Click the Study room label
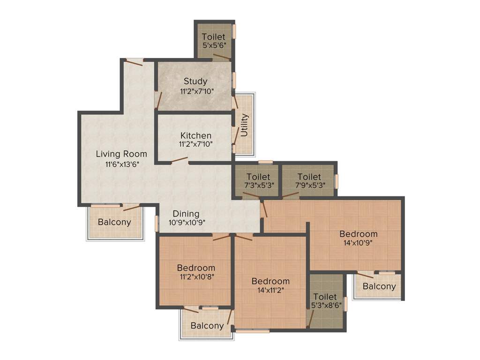coord(195,81)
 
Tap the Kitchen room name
coord(196,135)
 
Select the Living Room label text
coord(121,154)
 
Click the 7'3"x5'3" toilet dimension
coord(258,185)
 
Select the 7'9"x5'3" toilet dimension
coord(309,185)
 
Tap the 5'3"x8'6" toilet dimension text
coord(325,305)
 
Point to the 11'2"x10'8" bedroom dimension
coord(196,277)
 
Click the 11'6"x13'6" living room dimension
coord(122,164)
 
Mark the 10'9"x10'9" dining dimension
coord(187,223)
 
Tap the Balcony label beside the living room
coord(114,222)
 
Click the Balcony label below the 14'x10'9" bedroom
coord(379,286)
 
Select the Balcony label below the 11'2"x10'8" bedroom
coord(207,326)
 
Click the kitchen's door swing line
coord(179,160)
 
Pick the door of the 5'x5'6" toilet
coord(221,57)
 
